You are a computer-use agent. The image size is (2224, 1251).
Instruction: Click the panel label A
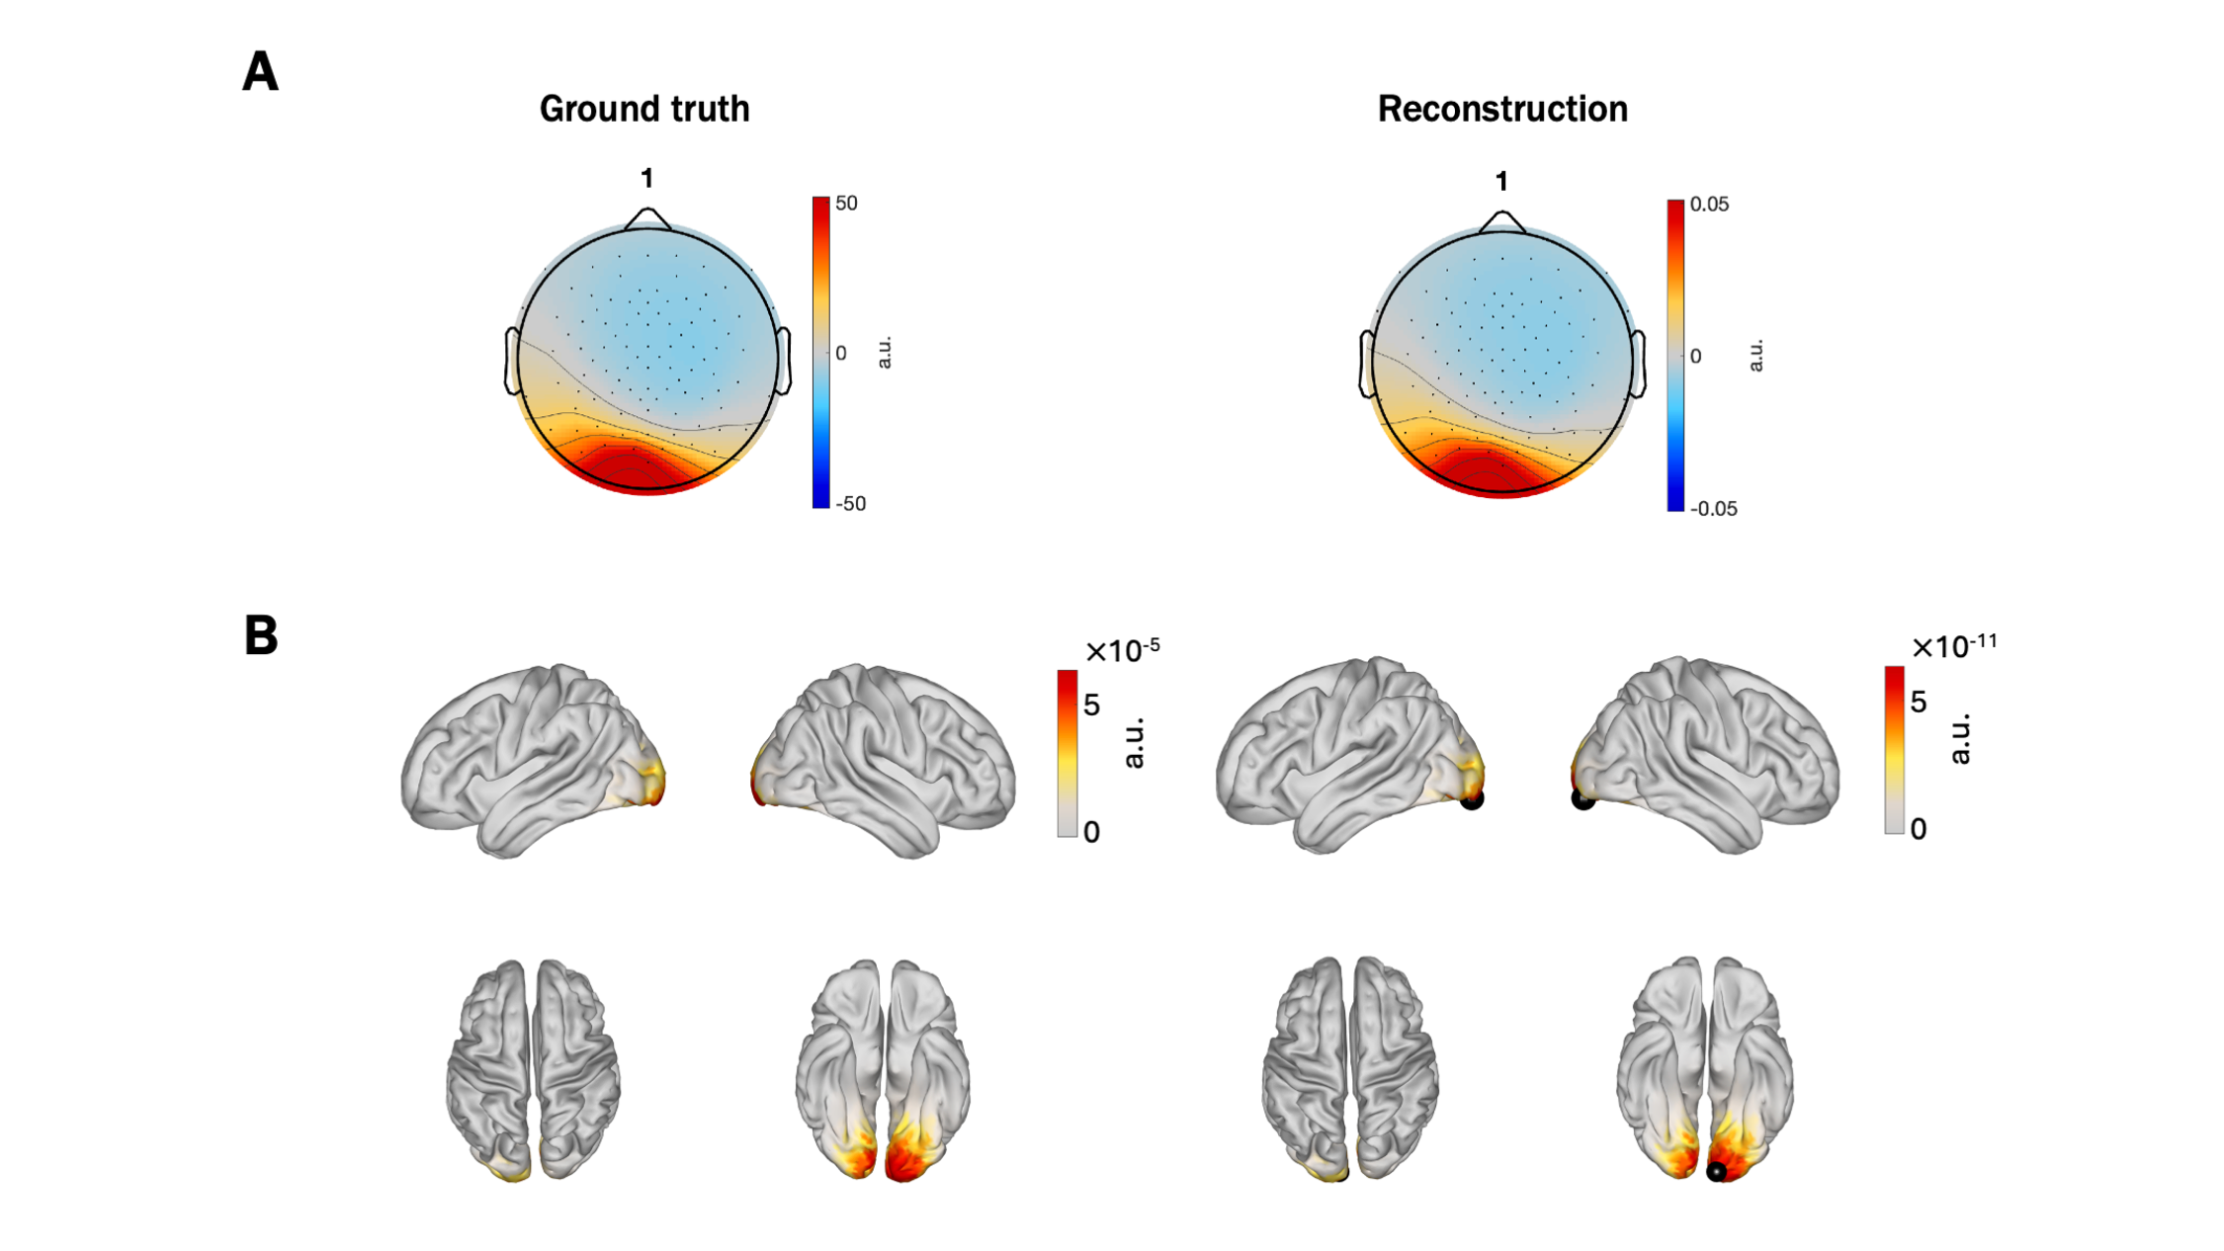point(260,72)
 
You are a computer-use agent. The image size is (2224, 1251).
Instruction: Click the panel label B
point(261,635)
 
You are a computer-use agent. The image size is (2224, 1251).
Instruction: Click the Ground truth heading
point(644,109)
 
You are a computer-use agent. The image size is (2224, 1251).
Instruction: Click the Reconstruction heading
point(1502,109)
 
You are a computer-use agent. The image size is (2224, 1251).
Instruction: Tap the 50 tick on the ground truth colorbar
point(846,204)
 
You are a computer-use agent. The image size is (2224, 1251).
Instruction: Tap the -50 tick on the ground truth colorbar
point(850,504)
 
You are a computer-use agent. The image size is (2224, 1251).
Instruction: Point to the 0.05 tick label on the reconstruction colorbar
point(1709,205)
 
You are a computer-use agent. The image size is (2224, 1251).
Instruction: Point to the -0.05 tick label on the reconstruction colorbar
point(1713,509)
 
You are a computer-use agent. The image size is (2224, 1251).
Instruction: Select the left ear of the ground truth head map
point(512,362)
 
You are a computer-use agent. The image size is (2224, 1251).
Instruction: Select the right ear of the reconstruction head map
point(1638,365)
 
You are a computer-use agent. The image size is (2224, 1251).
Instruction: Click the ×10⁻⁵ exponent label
point(1122,650)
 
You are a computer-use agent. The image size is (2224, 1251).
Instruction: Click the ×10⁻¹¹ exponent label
point(1954,646)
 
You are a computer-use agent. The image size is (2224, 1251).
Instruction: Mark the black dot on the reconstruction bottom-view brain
point(1717,1172)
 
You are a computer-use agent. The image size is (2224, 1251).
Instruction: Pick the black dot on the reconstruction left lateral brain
point(1472,798)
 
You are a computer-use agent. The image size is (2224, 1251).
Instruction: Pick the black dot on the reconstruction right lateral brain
point(1582,798)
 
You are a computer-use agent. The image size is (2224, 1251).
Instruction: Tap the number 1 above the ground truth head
point(646,178)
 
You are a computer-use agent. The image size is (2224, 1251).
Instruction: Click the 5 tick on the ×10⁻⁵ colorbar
point(1091,706)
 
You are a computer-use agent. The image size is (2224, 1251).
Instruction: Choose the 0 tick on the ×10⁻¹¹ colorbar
point(1919,829)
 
